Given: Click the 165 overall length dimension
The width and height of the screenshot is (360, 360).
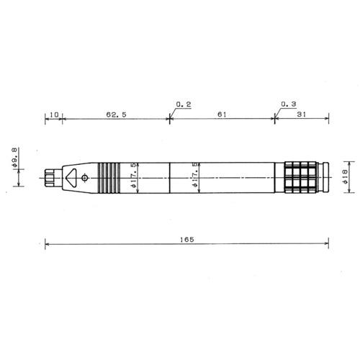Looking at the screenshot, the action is pyautogui.click(x=187, y=240).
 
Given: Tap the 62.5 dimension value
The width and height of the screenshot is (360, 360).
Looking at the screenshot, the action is pyautogui.click(x=116, y=114).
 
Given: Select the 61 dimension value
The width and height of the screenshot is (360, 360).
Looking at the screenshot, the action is pyautogui.click(x=222, y=114).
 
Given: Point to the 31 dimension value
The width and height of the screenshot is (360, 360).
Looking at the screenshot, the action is pyautogui.click(x=302, y=114).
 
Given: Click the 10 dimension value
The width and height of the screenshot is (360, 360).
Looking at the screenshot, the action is pyautogui.click(x=54, y=114).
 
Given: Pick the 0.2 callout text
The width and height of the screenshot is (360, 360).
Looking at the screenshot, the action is pyautogui.click(x=184, y=104).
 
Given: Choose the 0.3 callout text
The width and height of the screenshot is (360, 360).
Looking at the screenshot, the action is pyautogui.click(x=289, y=104).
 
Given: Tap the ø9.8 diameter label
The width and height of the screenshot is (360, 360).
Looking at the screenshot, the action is pyautogui.click(x=14, y=157).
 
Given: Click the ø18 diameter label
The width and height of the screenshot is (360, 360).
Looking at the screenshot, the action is pyautogui.click(x=346, y=176).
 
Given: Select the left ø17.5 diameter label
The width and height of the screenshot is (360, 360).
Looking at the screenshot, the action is pyautogui.click(x=134, y=176).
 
